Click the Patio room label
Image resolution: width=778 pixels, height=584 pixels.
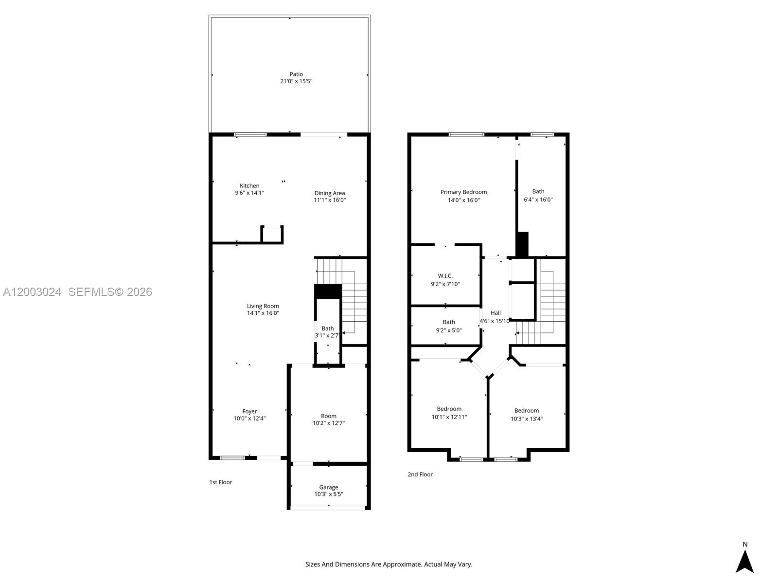pos(296,74)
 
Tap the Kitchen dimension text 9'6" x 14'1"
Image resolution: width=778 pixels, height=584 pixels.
pos(249,193)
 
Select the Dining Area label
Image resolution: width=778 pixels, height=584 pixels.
pos(329,193)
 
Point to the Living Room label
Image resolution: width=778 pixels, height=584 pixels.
pos(263,306)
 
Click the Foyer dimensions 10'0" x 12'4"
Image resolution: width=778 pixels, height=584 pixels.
pos(249,419)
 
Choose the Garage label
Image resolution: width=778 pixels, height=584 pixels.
pos(329,487)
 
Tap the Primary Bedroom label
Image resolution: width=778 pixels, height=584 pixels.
pos(463,192)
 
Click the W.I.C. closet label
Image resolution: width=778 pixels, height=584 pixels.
pos(445,275)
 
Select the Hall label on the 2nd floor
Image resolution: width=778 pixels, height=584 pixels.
pos(495,313)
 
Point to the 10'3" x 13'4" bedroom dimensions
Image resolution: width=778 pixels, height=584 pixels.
pos(527,419)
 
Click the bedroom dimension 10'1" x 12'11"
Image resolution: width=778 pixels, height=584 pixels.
pos(449,417)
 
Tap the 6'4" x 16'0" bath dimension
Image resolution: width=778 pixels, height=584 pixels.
pos(538,200)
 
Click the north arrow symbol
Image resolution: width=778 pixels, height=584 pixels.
pos(744,561)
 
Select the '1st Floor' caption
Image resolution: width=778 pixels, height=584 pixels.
pos(221,482)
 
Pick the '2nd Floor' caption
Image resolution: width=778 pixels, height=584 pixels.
pos(420,474)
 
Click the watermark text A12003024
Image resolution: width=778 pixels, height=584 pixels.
pos(32,292)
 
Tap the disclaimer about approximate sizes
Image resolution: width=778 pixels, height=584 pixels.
pos(389,565)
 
